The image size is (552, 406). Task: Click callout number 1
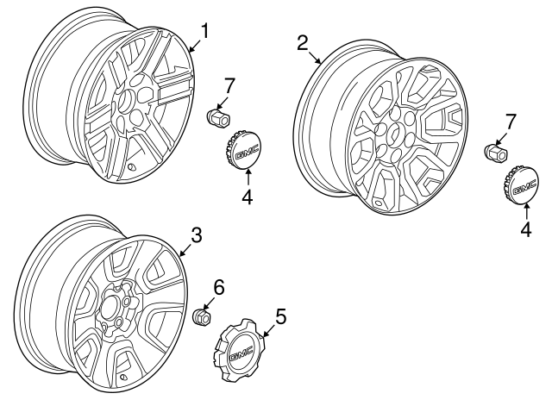pyautogui.click(x=205, y=32)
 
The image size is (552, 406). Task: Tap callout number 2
pyautogui.click(x=303, y=43)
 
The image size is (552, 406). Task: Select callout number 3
pyautogui.click(x=196, y=234)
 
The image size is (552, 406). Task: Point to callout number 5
pyautogui.click(x=279, y=316)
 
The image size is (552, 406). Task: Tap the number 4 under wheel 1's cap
pyautogui.click(x=246, y=197)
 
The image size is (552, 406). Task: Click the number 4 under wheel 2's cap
pyautogui.click(x=525, y=228)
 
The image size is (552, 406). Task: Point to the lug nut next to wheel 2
pyautogui.click(x=495, y=153)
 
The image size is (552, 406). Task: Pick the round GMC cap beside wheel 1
pyautogui.click(x=246, y=152)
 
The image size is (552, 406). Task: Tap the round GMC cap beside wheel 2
pyautogui.click(x=524, y=186)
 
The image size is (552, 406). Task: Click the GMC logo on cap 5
pyautogui.click(x=241, y=347)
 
